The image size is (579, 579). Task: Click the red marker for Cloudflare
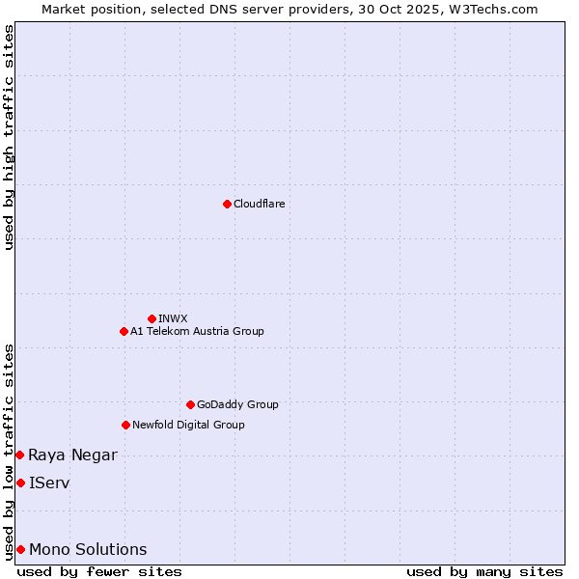tap(227, 204)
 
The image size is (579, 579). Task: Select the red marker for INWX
tap(152, 318)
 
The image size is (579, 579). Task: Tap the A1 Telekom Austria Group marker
tap(124, 331)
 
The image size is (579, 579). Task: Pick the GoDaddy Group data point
tap(190, 404)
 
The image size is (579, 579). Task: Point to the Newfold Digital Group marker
tap(125, 425)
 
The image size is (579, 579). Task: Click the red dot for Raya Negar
tap(19, 455)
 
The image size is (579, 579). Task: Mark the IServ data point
tap(20, 482)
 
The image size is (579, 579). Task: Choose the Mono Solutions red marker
tap(20, 549)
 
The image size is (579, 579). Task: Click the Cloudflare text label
tap(260, 204)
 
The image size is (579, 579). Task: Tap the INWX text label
tap(173, 318)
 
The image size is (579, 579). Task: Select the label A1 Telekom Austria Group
tap(197, 331)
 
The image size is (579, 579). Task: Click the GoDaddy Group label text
tap(237, 404)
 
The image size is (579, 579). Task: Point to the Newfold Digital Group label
tap(188, 425)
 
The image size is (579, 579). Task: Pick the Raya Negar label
tap(72, 455)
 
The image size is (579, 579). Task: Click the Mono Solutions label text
tap(88, 549)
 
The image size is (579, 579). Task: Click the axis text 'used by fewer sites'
tap(99, 571)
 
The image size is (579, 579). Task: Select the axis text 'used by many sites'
tap(484, 571)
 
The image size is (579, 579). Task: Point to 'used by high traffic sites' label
tap(9, 137)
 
